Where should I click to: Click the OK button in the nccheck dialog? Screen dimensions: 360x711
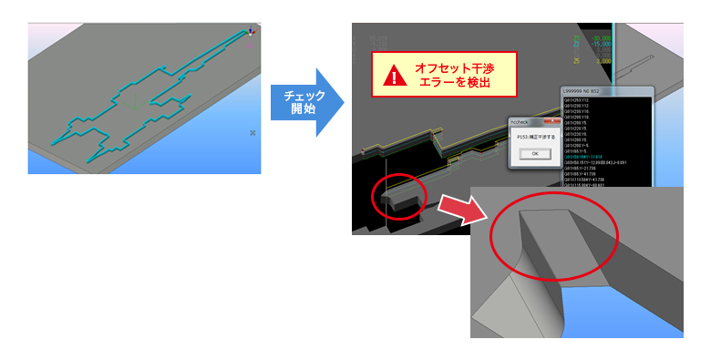click(535, 154)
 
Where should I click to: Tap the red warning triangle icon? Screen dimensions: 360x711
click(394, 76)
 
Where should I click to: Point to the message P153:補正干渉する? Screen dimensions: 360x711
click(536, 137)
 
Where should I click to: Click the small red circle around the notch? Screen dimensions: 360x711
click(398, 195)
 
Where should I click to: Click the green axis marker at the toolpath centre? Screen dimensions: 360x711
click(135, 104)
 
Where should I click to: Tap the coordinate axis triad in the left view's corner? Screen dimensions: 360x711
click(251, 33)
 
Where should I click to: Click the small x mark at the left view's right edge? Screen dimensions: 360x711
click(252, 133)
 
